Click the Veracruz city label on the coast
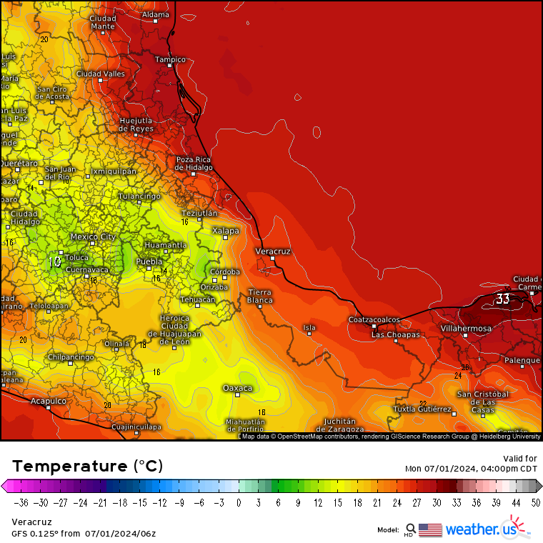tap(273, 251)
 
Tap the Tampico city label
tap(170, 59)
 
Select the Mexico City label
tap(93, 236)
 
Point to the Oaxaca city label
tap(237, 388)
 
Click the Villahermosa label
tap(466, 329)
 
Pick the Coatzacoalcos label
tap(374, 319)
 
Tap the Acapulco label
tap(49, 402)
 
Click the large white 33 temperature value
tap(503, 299)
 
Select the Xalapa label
tap(226, 231)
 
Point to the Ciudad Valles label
tap(101, 74)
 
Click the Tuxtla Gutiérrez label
tap(424, 409)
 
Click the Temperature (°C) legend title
tap(87, 466)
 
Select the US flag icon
tap(430, 529)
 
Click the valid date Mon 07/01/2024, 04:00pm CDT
tap(471, 469)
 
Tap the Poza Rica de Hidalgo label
tap(194, 163)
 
